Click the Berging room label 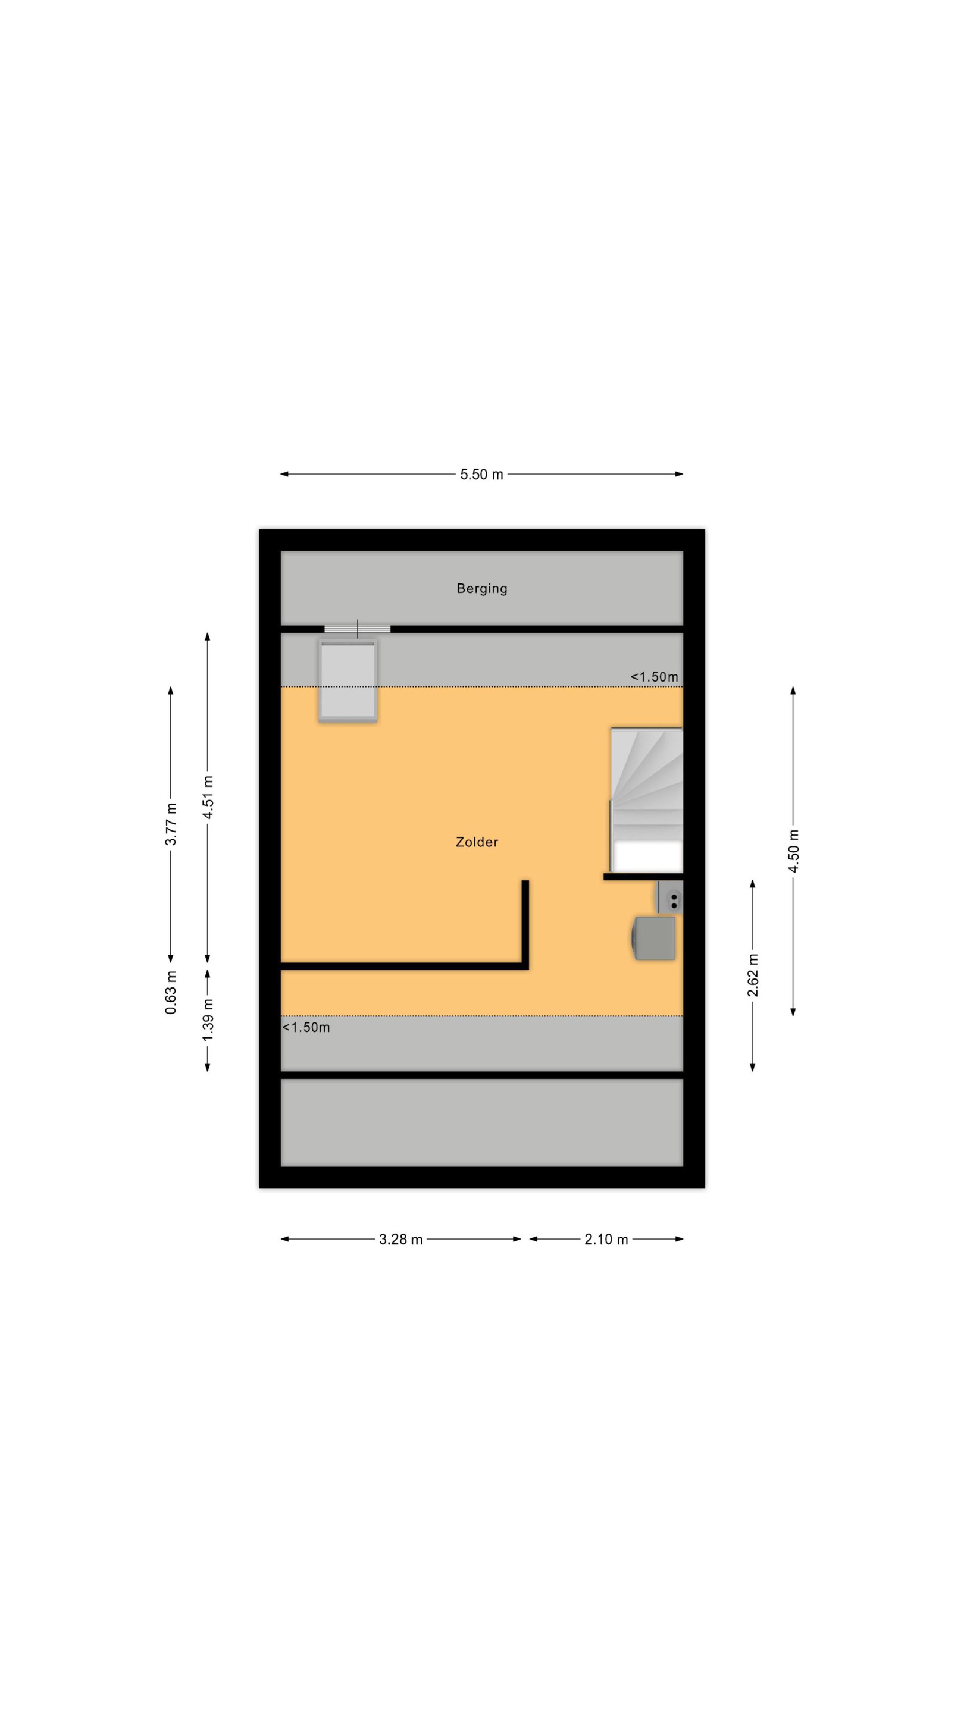point(481,588)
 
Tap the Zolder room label point(476,842)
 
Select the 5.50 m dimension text point(481,474)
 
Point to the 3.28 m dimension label point(400,1239)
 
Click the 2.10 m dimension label point(606,1239)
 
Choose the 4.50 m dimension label point(793,851)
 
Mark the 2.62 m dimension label point(752,975)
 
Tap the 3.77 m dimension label point(171,824)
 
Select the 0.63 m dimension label point(171,993)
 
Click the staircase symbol point(647,799)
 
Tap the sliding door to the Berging point(357,629)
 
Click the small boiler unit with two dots point(670,896)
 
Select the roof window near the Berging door point(348,680)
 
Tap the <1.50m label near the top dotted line point(654,677)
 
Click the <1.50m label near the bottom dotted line point(306,1027)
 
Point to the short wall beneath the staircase point(643,877)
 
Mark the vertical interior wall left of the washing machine point(525,924)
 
